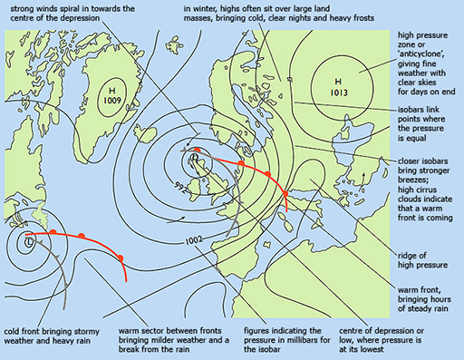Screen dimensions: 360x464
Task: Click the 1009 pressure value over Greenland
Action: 113,102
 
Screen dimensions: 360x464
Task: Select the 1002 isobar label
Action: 193,240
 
